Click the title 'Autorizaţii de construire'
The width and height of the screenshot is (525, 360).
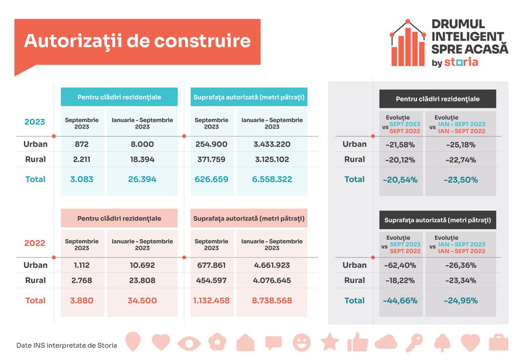coord(137,41)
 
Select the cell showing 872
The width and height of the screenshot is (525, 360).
coord(82,144)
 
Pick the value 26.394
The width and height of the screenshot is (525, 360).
coord(142,179)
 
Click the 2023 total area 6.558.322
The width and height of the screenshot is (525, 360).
coord(272,179)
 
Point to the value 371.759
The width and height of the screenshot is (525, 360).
coord(211,159)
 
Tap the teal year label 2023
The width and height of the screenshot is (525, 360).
coord(35,122)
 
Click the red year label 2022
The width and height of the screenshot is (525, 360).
coord(35,243)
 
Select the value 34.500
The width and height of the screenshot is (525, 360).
coord(142,300)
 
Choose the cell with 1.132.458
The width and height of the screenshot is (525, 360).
coord(211,300)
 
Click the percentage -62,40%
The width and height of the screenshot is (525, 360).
coord(401,265)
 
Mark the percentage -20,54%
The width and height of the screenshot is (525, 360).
coord(401,180)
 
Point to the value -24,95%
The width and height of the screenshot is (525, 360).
coord(460,300)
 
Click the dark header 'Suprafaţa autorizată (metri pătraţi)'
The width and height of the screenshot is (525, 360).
coord(437,220)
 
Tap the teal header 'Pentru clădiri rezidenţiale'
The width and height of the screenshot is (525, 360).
coord(119,97)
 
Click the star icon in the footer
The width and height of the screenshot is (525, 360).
coord(330,342)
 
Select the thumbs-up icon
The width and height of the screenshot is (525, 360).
coord(357,342)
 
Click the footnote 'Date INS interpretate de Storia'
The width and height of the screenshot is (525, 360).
coord(66,345)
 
